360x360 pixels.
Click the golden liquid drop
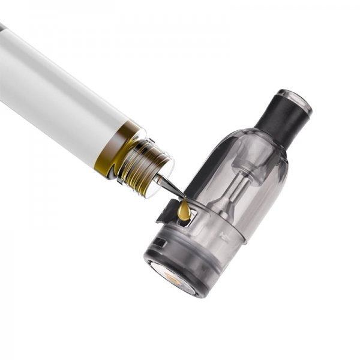pos(185,211)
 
